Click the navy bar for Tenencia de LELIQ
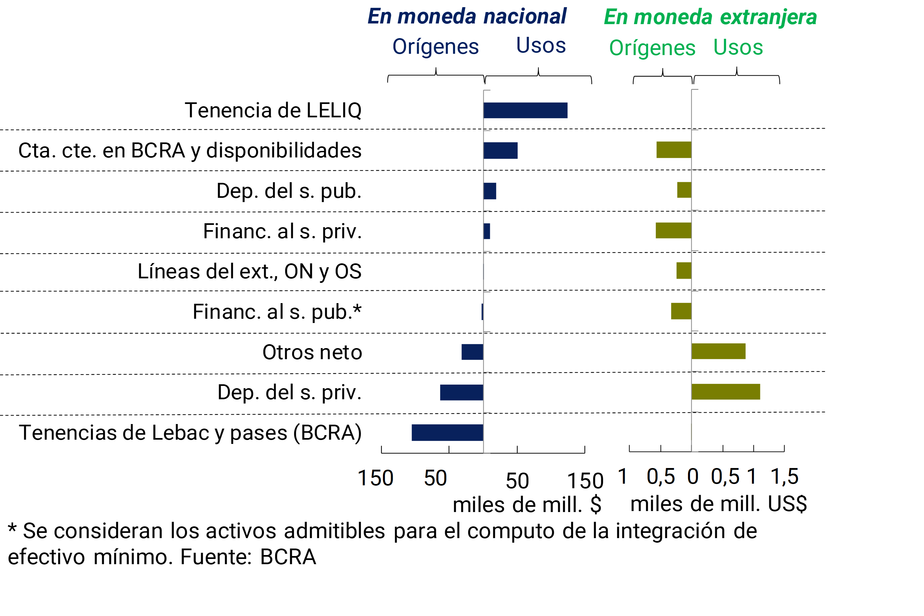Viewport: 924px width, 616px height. (x=525, y=110)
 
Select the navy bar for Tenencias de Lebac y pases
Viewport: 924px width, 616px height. (x=447, y=433)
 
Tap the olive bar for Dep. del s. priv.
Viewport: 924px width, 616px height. (x=726, y=392)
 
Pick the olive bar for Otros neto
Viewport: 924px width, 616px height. (x=719, y=351)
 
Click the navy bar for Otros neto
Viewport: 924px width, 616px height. (x=472, y=352)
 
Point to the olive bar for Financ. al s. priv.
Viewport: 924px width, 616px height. (x=673, y=231)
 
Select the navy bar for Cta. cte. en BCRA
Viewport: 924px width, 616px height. (x=501, y=151)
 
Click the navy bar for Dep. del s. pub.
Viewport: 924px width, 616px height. (x=490, y=191)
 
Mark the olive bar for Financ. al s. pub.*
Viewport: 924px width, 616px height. (x=681, y=311)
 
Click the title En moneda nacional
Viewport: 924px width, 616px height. (x=467, y=17)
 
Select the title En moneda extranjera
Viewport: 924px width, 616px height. (x=710, y=17)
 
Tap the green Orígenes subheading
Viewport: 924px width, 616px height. (x=652, y=48)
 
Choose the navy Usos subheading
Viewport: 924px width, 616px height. (x=541, y=45)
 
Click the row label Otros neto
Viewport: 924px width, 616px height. (x=312, y=352)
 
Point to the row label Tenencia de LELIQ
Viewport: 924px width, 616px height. (x=273, y=110)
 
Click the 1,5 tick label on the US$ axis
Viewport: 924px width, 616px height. (x=784, y=477)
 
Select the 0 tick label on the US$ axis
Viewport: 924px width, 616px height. (x=693, y=477)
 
